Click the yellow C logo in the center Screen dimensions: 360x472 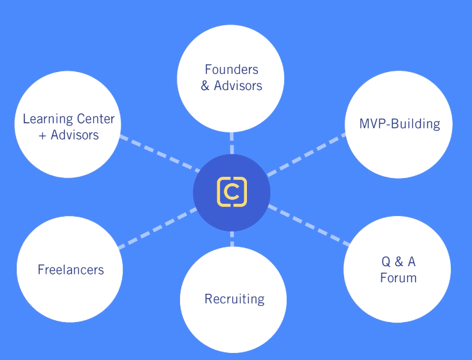232,192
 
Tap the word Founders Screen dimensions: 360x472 231,69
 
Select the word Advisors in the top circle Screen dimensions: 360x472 239,85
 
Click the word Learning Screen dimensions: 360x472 46,119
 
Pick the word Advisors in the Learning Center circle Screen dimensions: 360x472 75,135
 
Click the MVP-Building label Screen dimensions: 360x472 400,124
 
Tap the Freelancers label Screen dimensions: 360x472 71,269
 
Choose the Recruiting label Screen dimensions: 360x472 234,299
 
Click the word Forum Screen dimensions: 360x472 398,278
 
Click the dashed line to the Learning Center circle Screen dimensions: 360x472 158,154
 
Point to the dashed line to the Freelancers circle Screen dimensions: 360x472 158,227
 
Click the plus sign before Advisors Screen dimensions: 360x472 43,136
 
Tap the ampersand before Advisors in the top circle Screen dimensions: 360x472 205,85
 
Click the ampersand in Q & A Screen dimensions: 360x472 399,262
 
